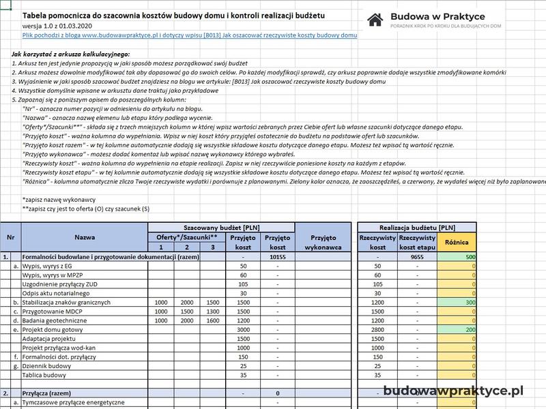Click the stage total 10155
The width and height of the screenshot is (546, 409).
pos(277,257)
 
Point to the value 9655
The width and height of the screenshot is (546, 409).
pos(416,257)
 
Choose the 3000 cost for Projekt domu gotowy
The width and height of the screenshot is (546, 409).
pos(243,329)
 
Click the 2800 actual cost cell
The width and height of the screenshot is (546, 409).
pos(377,329)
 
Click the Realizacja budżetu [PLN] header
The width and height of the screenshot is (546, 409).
pos(418,227)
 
